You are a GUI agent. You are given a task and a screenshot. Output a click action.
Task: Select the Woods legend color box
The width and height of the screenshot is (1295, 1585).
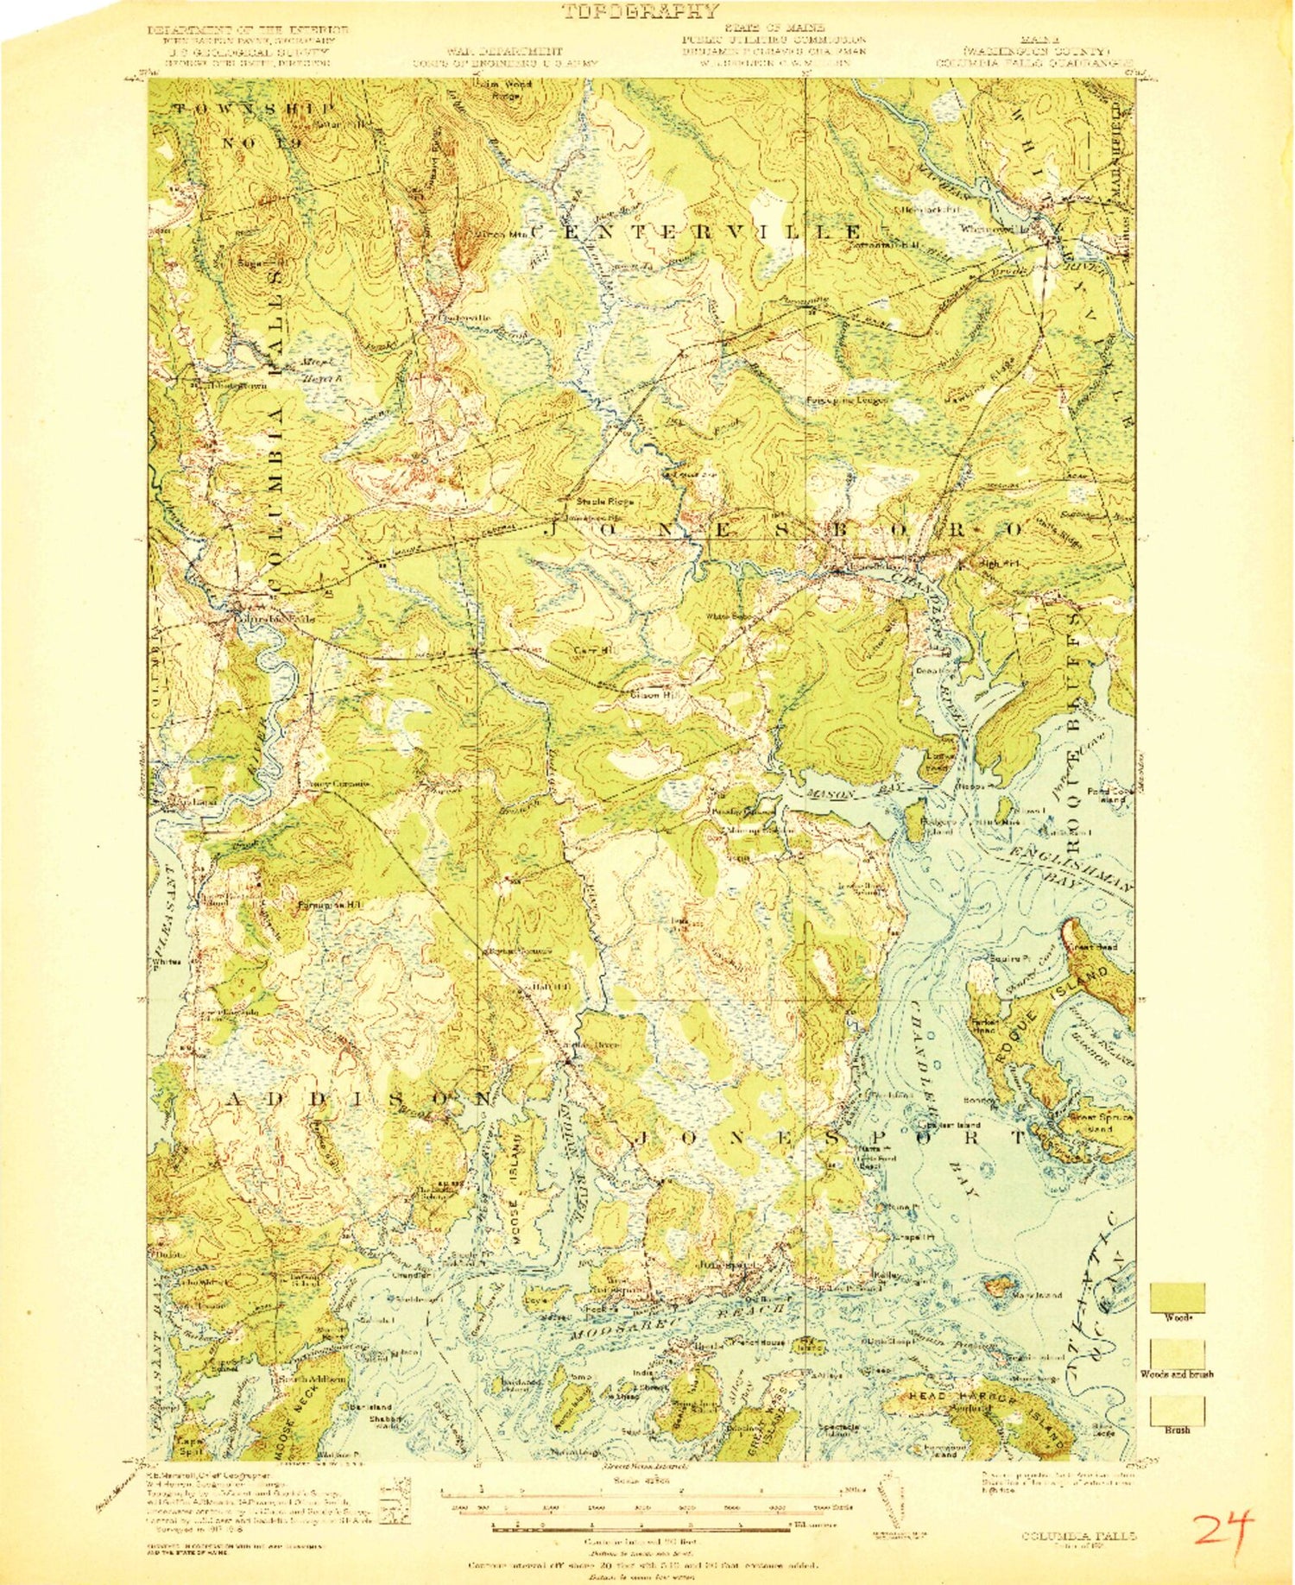pos(1177,1298)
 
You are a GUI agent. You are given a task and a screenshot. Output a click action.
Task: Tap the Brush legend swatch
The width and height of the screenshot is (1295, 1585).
pos(1177,1411)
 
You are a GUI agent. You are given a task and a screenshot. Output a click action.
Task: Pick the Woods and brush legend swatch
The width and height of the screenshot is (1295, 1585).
pos(1177,1354)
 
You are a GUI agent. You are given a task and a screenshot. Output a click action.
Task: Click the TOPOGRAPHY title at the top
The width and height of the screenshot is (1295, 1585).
pos(640,11)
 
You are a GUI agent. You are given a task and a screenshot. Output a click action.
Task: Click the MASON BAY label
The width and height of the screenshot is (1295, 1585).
pos(831,794)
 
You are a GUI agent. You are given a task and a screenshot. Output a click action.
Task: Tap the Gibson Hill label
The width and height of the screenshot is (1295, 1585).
pos(647,694)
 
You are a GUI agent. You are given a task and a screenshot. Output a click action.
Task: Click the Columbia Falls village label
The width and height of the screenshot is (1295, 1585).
pos(268,619)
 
